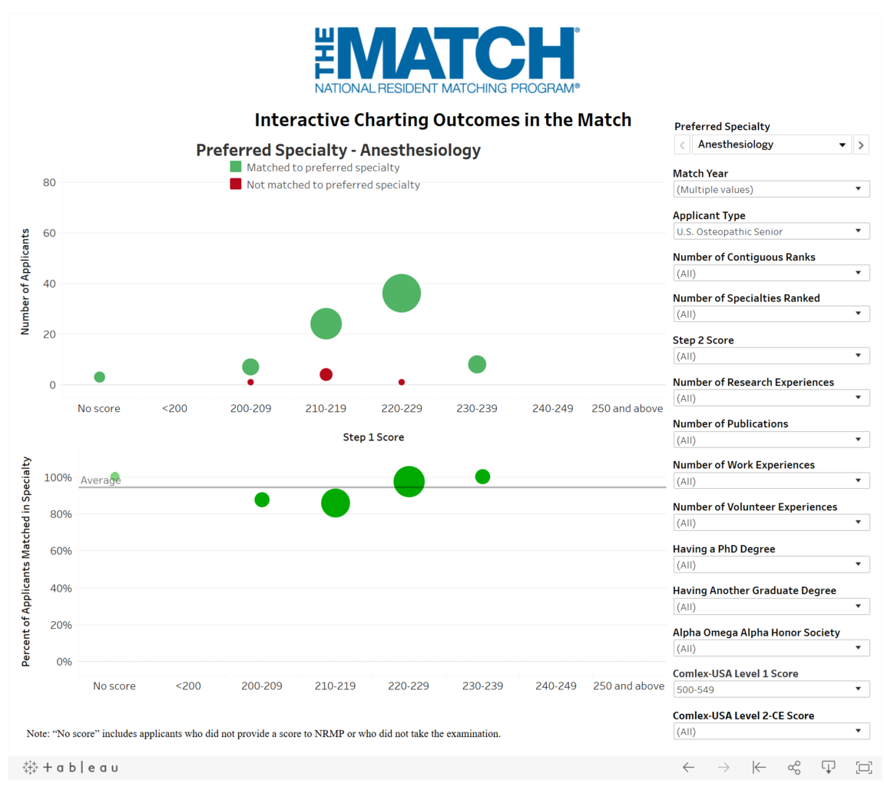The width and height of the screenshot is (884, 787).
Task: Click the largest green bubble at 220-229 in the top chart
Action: point(401,293)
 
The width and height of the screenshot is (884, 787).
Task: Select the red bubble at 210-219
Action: point(326,374)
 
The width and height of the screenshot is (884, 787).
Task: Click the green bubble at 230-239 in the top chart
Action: point(477,364)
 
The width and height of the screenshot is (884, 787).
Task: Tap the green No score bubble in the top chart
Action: point(99,377)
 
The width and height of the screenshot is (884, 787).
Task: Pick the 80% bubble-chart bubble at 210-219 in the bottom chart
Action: point(336,503)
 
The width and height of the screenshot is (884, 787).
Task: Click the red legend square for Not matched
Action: point(236,184)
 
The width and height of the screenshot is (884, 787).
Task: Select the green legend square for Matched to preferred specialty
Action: point(236,167)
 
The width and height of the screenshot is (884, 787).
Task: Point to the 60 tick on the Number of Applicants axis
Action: point(50,233)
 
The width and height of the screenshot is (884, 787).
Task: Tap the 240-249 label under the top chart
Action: point(552,408)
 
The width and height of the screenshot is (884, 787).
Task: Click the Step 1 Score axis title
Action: point(373,437)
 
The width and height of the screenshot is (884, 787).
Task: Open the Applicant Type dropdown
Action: point(771,231)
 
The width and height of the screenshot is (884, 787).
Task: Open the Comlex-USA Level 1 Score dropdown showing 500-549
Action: point(771,689)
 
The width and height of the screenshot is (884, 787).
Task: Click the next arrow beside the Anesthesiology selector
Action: point(861,144)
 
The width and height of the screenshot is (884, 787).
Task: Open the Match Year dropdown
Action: point(771,189)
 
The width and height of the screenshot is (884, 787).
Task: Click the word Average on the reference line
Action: point(101,480)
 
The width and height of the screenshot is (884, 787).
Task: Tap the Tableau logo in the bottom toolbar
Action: point(71,767)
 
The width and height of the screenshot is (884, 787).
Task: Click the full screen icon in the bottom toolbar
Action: point(863,767)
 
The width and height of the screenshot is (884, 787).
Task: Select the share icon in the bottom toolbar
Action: point(794,767)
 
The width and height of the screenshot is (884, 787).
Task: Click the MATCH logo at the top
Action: point(447,60)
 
